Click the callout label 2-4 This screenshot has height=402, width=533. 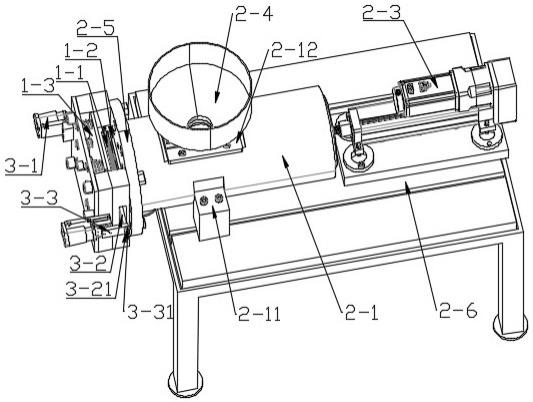[254, 15]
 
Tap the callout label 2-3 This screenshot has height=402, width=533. [381, 13]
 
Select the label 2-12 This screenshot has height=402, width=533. [294, 50]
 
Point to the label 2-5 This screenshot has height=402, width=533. [96, 28]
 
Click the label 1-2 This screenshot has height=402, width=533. [82, 52]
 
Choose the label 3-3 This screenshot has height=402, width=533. [39, 199]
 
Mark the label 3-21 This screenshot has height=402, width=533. [89, 290]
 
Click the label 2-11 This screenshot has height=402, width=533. [259, 314]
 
